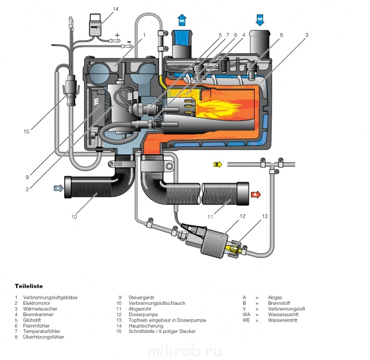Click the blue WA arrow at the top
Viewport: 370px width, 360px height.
pos(182,20)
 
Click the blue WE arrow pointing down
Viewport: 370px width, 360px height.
pos(260,20)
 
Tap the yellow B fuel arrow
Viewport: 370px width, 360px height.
pos(218,164)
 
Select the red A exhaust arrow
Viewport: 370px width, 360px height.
pos(256,194)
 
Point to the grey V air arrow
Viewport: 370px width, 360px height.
pos(59,188)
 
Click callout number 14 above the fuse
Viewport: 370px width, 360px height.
pos(115,9)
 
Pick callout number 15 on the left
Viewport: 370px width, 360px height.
pos(26,131)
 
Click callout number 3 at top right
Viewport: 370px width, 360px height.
pos(307,35)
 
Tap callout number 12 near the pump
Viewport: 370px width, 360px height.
pos(243,216)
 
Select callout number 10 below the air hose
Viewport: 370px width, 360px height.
pos(74,217)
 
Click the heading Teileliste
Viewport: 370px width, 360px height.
pos(29,286)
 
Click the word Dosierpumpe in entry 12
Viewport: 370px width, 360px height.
pos(143,314)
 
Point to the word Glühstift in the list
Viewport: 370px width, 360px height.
pos(32,320)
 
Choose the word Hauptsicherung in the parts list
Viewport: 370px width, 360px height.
pos(146,326)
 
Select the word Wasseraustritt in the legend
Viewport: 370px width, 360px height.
pos(283,314)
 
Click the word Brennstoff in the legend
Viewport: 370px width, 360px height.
pos(279,303)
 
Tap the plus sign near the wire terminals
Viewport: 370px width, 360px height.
pos(117,35)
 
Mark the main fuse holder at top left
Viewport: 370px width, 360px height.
pos(96,25)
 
